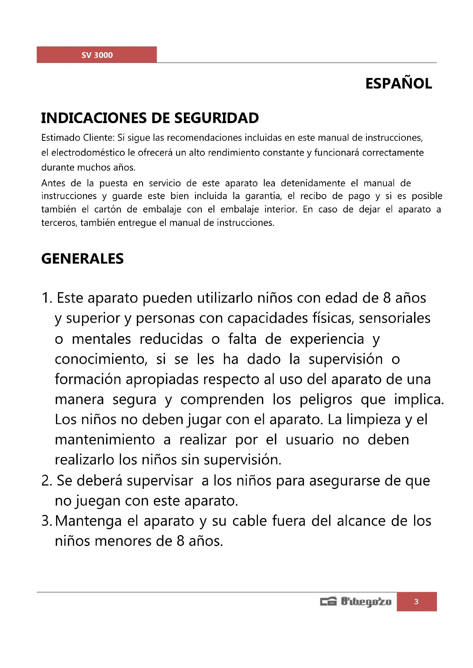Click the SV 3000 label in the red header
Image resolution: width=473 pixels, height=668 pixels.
pos(97,55)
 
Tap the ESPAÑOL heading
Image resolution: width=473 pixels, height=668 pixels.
pos(398,84)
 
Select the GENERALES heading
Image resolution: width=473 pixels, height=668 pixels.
pos(82,259)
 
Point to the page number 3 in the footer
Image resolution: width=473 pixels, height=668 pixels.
pos(416,601)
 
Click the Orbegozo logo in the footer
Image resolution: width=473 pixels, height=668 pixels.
pos(356,601)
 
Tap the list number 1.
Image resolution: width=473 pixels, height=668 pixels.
pos(46,298)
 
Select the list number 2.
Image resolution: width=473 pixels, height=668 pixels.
pos(46,481)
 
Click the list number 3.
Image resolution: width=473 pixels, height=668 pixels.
pos(46,521)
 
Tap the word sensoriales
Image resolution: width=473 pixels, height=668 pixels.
pos(394,318)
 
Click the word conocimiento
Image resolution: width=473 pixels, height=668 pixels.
pos(101,359)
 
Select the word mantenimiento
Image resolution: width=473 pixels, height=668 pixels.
pos(105,440)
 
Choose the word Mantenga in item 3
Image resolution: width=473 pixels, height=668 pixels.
pos(88,521)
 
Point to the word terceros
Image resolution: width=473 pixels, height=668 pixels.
pos(59,223)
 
